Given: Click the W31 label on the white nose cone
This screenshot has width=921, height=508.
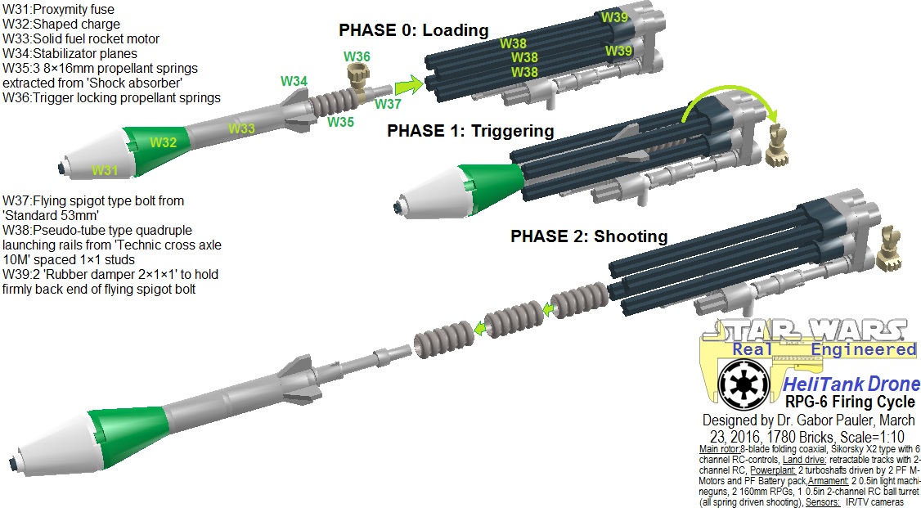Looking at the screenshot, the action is tap(105, 170).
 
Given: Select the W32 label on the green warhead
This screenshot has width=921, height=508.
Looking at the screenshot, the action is tap(164, 142).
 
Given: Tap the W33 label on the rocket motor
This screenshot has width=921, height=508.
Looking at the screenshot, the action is tap(241, 128).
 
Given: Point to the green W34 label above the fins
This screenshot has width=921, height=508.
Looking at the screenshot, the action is tap(294, 81).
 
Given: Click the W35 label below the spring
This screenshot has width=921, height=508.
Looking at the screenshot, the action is tap(341, 122).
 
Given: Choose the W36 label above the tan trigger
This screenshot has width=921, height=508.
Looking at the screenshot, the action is tap(357, 56).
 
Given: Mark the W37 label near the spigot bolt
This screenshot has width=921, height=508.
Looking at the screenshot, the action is tap(388, 104).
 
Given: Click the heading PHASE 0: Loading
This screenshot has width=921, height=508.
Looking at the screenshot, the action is tap(414, 30).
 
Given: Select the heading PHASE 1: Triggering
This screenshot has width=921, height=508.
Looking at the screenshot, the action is tap(470, 130).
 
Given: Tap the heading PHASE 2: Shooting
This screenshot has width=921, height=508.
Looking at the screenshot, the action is tap(589, 236).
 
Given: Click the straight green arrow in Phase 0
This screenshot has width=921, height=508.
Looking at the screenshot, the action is tap(409, 86).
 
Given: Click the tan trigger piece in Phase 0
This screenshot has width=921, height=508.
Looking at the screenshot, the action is tap(357, 80).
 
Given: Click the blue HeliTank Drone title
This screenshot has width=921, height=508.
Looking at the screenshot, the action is tap(851, 384).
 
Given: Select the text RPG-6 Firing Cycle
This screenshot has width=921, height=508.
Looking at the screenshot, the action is tap(850, 402).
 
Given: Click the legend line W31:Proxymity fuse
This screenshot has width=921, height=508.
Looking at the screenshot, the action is tap(59, 9).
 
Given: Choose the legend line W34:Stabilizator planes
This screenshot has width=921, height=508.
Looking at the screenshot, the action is tap(70, 53).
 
